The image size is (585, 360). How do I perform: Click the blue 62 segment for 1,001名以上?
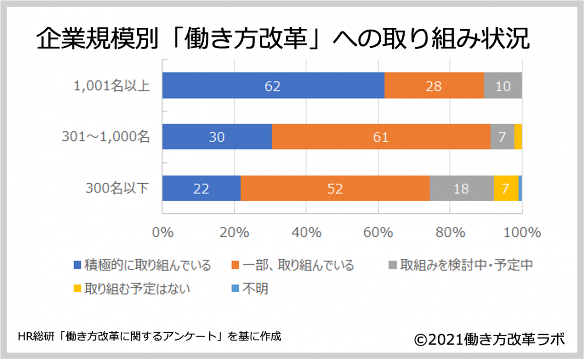tap(273, 86)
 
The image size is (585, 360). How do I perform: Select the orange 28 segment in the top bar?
tap(434, 86)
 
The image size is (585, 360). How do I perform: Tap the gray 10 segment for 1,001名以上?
tap(503, 86)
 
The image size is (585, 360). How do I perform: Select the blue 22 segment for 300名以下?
tap(201, 189)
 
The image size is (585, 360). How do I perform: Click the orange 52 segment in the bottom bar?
tap(335, 189)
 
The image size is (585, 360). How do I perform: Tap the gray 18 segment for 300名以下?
tap(461, 189)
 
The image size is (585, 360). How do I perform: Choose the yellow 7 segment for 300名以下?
tap(506, 189)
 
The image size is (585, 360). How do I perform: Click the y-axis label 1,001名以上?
tap(110, 86)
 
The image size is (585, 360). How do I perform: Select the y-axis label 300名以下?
tap(118, 189)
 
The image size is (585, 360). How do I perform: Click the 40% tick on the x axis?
tap(306, 232)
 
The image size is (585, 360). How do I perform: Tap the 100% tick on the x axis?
tap(522, 232)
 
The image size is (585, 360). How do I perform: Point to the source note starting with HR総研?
tap(149, 336)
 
